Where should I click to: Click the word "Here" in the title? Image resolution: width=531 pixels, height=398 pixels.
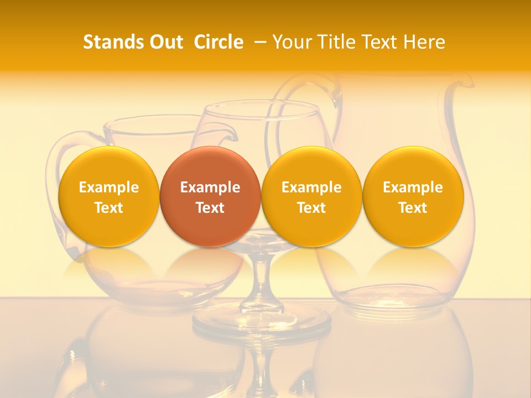(425, 42)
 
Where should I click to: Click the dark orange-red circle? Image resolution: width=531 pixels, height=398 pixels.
(210, 196)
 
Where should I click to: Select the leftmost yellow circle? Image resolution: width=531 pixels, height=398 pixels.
(108, 196)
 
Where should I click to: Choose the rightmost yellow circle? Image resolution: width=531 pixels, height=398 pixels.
(413, 196)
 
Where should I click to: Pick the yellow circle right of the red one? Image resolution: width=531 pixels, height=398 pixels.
(311, 196)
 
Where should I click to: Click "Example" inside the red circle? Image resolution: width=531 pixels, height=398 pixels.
(210, 187)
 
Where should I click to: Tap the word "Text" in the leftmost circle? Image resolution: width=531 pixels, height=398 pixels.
(108, 208)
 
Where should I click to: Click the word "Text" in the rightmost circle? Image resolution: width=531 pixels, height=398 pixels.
(413, 208)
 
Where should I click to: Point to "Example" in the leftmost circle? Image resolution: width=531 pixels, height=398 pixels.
(108, 187)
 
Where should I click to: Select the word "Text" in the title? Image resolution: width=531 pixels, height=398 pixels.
(382, 42)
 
